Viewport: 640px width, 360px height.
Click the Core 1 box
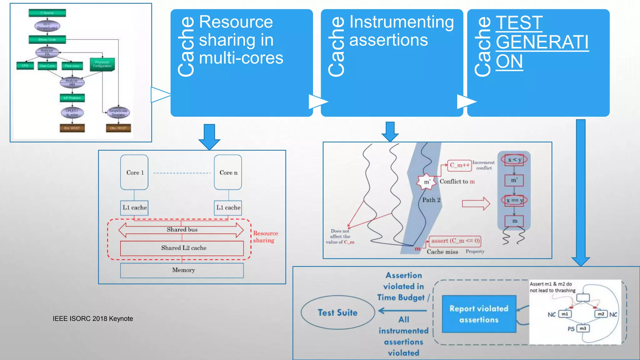[134, 172]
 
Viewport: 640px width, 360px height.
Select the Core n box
[228, 172]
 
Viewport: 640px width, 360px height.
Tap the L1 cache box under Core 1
[134, 208]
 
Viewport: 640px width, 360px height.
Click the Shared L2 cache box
[182, 248]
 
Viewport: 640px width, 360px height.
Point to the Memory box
[182, 270]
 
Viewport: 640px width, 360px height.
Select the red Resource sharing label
[265, 237]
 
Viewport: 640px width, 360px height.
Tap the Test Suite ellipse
[337, 312]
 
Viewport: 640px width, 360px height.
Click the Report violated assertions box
[479, 314]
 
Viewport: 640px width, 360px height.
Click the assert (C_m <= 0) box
[455, 241]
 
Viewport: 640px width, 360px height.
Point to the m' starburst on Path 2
[427, 182]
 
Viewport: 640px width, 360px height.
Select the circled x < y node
[514, 160]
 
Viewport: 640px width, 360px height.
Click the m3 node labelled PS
[583, 328]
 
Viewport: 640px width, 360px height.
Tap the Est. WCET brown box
[72, 128]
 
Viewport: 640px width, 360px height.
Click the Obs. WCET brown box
[118, 128]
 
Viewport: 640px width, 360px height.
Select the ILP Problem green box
[72, 98]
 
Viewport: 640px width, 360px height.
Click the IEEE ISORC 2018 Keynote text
[93, 319]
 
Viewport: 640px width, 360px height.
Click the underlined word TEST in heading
[519, 23]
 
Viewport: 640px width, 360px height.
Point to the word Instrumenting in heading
[401, 22]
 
